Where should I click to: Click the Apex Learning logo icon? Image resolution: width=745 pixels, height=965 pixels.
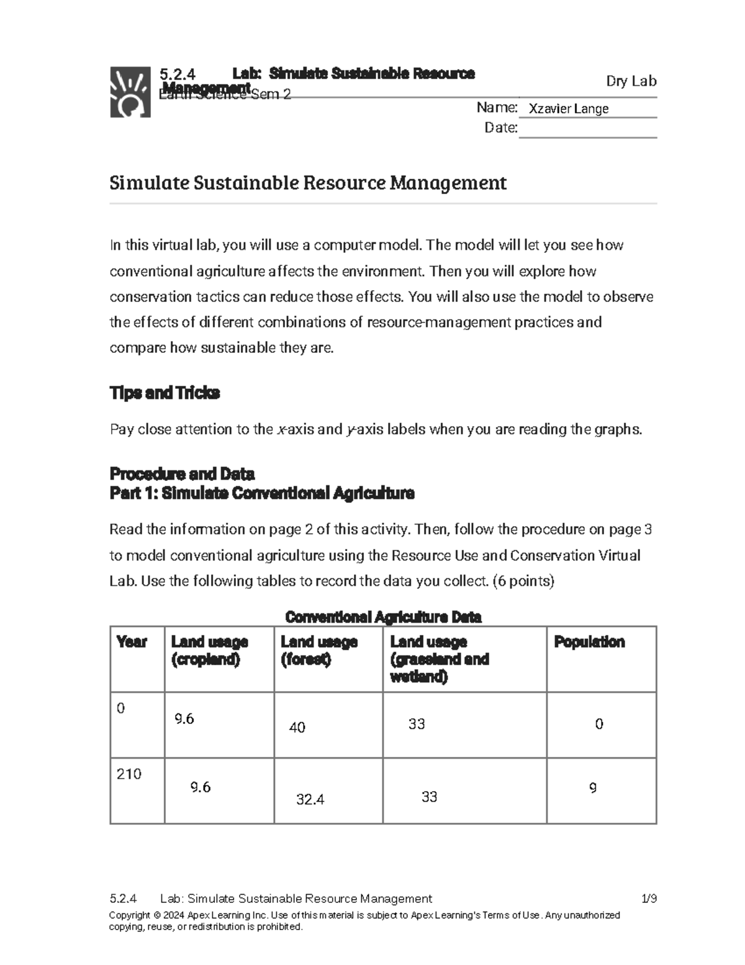click(x=130, y=92)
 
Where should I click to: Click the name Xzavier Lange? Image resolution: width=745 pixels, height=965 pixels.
click(x=568, y=109)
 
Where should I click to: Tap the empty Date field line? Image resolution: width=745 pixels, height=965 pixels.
click(x=587, y=129)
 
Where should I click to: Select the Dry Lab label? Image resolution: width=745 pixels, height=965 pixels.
click(x=631, y=81)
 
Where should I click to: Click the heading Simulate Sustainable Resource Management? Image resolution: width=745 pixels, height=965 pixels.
click(x=308, y=183)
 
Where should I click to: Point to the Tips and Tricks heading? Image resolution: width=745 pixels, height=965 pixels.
click(x=165, y=393)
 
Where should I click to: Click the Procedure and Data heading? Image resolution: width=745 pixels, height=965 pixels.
click(x=182, y=473)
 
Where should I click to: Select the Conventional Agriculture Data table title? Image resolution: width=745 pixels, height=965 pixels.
click(x=383, y=617)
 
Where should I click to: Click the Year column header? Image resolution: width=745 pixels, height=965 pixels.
click(x=132, y=642)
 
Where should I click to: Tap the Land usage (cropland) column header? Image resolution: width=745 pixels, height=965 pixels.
click(x=210, y=651)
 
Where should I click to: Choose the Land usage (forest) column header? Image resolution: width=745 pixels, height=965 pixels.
click(x=319, y=651)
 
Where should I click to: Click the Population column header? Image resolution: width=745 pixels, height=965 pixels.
click(x=589, y=642)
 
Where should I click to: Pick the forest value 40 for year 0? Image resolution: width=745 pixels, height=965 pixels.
click(x=297, y=728)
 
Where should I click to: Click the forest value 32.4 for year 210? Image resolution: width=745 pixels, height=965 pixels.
click(x=310, y=800)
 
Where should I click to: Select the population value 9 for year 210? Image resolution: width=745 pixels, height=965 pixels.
click(x=593, y=788)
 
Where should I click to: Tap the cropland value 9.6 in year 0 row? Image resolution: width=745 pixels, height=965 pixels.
click(x=184, y=719)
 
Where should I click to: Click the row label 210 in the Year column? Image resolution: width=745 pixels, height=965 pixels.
click(x=129, y=774)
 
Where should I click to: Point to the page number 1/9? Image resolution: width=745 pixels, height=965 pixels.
click(x=649, y=899)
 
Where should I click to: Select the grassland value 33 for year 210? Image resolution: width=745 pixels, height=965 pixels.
click(x=429, y=797)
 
